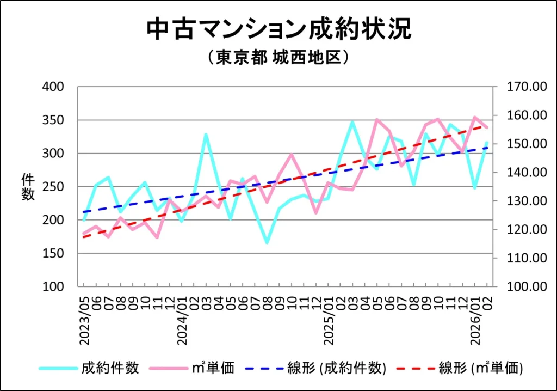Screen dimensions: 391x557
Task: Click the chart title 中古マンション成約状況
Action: [278, 30]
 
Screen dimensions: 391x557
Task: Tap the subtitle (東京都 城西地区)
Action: [278, 57]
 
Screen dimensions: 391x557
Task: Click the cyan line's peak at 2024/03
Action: [206, 134]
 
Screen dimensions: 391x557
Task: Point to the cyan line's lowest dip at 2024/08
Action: [267, 242]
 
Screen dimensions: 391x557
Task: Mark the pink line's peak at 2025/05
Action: [377, 119]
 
